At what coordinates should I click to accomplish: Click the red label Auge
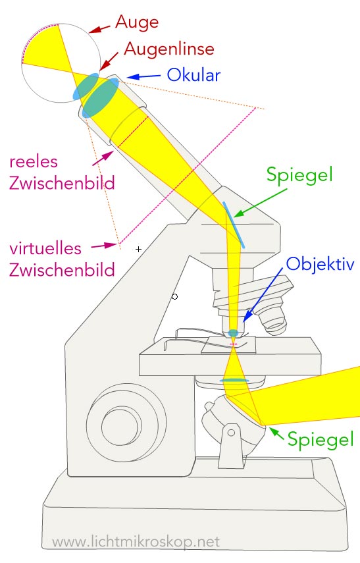click(137, 23)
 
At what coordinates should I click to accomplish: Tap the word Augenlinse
click(169, 49)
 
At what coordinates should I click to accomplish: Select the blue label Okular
click(193, 75)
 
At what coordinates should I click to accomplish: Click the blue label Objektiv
click(320, 265)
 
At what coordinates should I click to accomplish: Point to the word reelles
click(34, 162)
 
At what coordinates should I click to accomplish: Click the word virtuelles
click(45, 248)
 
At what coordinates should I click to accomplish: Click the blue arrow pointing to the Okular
click(143, 76)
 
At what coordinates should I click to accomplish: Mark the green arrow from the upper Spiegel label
click(260, 203)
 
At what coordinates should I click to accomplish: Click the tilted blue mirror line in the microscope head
click(234, 225)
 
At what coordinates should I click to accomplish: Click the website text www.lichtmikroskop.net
click(136, 542)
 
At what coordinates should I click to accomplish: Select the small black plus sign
click(139, 249)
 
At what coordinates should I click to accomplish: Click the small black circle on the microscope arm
click(175, 296)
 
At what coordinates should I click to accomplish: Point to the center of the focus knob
click(120, 426)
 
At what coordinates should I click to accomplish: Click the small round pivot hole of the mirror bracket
click(232, 433)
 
